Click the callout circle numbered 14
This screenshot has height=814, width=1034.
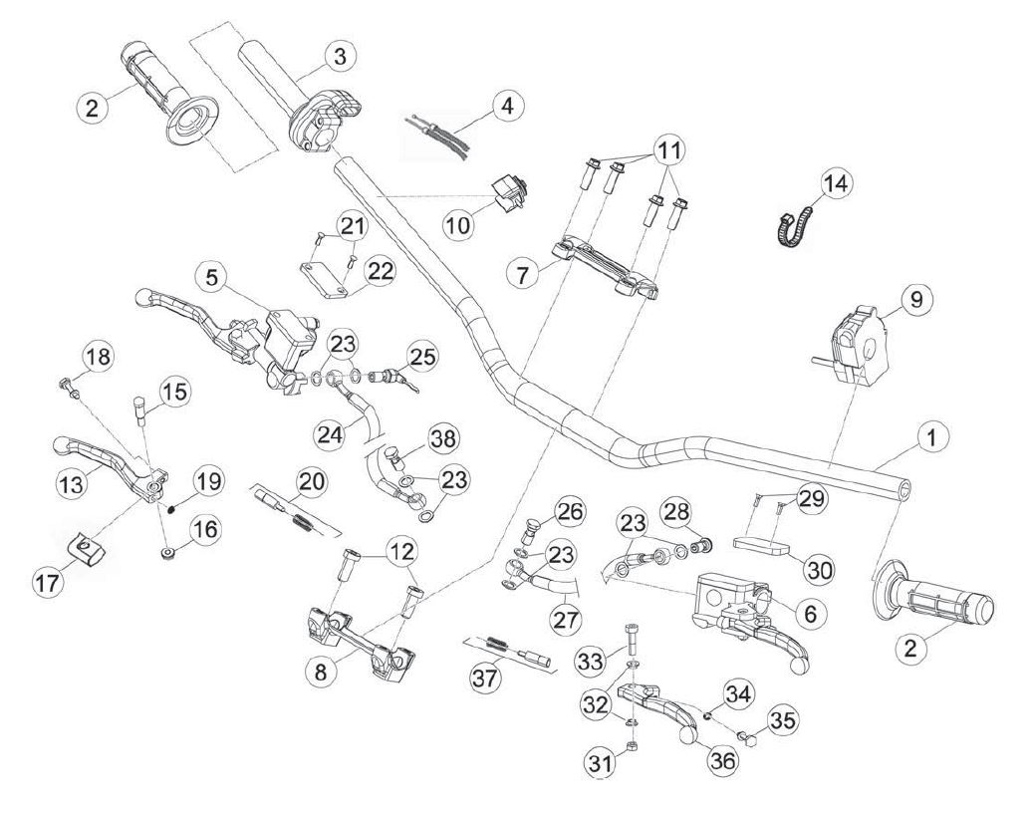click(836, 184)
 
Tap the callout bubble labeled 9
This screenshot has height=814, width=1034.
click(916, 300)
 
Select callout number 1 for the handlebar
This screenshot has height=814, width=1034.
click(930, 436)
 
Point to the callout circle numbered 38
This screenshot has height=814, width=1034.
click(444, 438)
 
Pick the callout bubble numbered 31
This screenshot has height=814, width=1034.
click(601, 763)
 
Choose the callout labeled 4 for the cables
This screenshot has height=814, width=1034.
click(507, 106)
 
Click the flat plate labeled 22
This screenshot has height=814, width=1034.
click(324, 281)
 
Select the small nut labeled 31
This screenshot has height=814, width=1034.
click(630, 745)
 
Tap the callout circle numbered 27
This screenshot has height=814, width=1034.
click(567, 620)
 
